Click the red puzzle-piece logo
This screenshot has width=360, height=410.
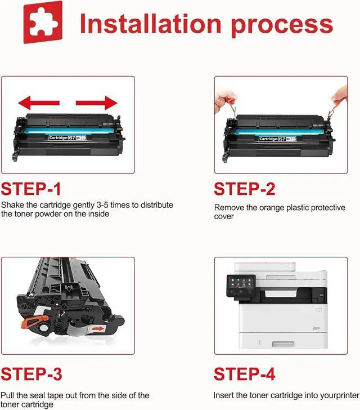tap(43, 22)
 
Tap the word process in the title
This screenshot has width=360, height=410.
tap(282, 26)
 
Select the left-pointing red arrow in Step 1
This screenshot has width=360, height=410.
tap(39, 102)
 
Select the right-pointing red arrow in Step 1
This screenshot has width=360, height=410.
tap(96, 102)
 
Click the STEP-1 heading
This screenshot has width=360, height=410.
tap(31, 189)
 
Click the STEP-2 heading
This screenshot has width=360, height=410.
tap(245, 189)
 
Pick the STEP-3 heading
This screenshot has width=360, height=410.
tap(31, 374)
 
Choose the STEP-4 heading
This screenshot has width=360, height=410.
tap(245, 374)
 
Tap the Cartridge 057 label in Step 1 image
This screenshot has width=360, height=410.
tap(67, 137)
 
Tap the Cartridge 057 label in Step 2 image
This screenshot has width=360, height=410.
tap(277, 139)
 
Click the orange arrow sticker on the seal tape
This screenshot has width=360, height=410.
tap(98, 329)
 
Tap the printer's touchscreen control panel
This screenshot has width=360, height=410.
tap(241, 286)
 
